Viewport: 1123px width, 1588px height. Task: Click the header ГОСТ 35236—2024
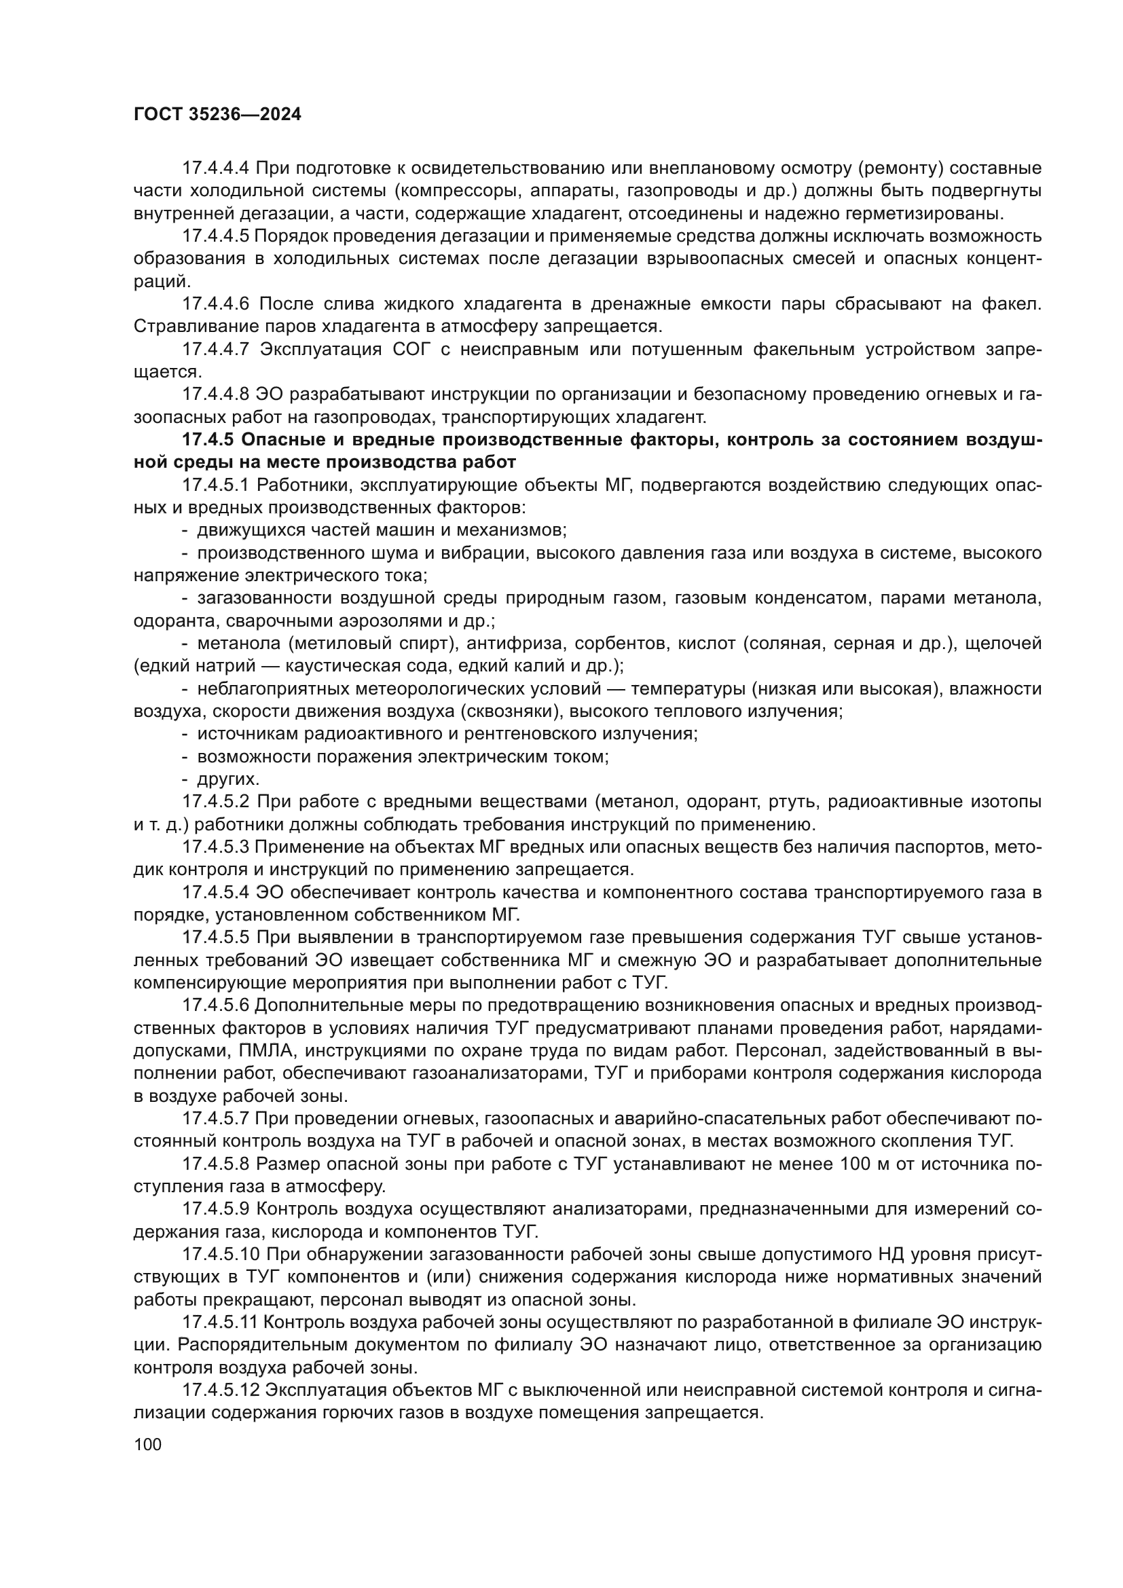[217, 115]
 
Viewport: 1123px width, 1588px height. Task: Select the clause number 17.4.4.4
[215, 168]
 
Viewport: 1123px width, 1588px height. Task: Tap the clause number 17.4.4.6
[215, 303]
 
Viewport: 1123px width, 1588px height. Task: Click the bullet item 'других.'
[228, 779]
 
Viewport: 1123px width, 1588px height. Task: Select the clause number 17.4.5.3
[215, 847]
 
